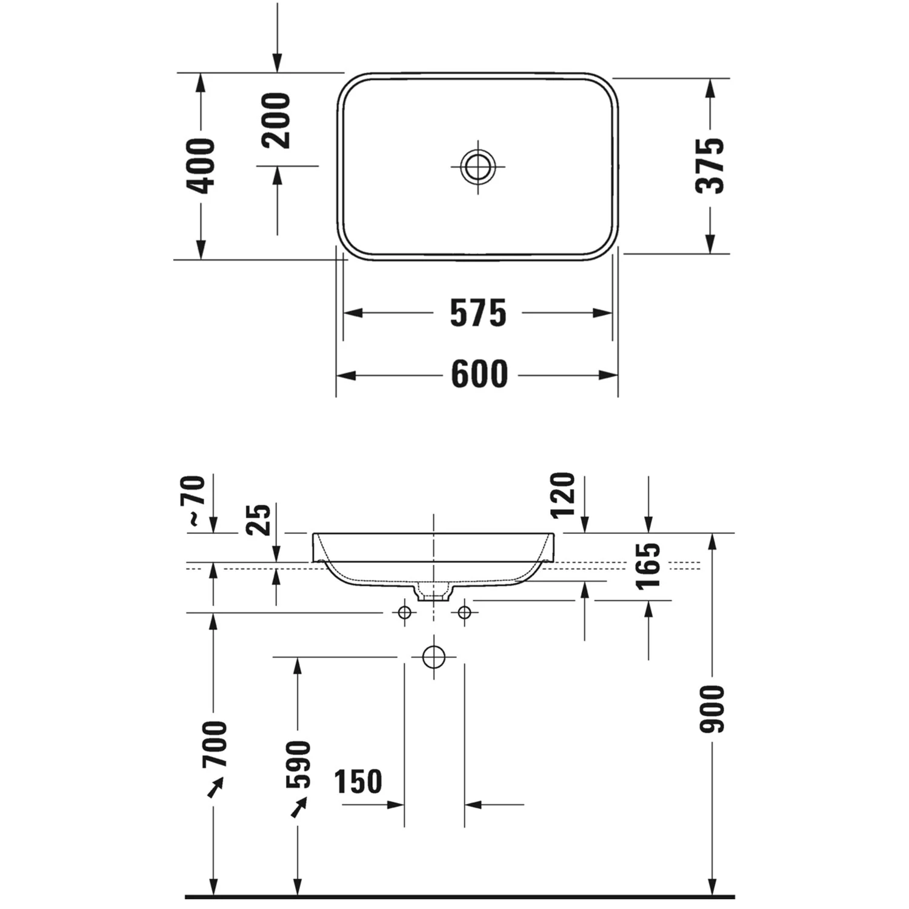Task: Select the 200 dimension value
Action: click(276, 121)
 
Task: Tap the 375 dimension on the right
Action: click(710, 165)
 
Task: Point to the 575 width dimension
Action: click(478, 313)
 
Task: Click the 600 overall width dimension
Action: click(479, 375)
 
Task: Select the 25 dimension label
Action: click(259, 519)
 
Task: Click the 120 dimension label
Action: click(563, 496)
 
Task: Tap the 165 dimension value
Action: click(648, 566)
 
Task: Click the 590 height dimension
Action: click(298, 765)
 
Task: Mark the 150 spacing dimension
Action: click(358, 782)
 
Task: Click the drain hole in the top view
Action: click(478, 166)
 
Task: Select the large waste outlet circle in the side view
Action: click(434, 657)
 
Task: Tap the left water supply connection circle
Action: click(405, 613)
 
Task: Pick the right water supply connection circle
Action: click(464, 613)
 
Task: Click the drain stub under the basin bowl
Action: click(433, 592)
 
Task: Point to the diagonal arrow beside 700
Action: click(215, 787)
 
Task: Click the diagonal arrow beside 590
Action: click(299, 807)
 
